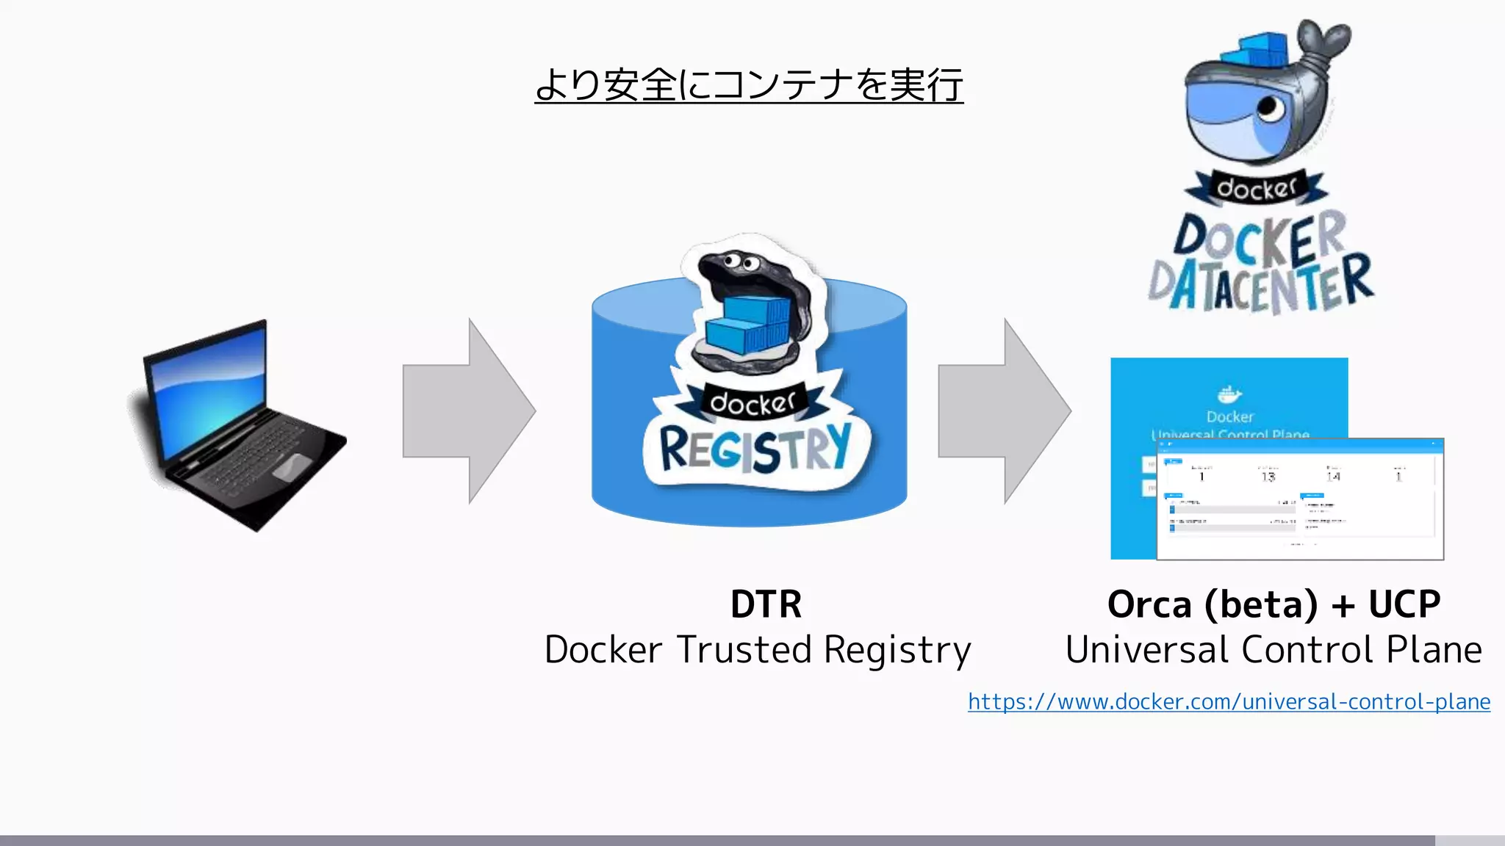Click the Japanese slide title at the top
[748, 85]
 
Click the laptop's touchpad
[292, 467]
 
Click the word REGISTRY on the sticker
[755, 448]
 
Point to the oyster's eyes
[738, 261]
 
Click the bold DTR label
[766, 604]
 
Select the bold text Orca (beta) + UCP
[1274, 604]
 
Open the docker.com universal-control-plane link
[1229, 701]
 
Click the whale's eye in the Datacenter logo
[1270, 108]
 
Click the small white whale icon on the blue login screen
[1229, 395]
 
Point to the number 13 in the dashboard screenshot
[1268, 477]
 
